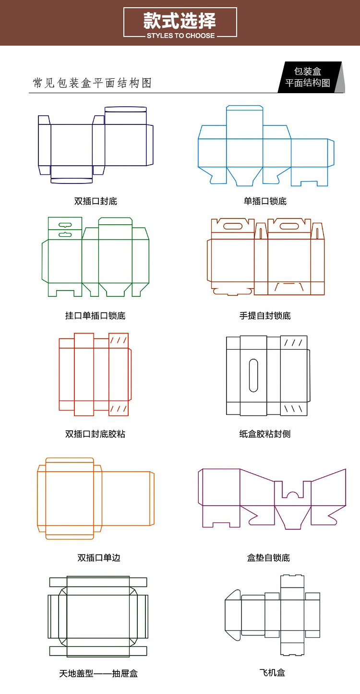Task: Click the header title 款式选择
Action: (x=180, y=21)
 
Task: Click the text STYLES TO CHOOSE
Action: (x=180, y=36)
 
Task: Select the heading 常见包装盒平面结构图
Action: (x=92, y=83)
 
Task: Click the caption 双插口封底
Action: (x=96, y=201)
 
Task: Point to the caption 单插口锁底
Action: (x=265, y=201)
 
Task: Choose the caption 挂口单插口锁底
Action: (x=96, y=316)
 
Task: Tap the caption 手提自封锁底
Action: (x=265, y=316)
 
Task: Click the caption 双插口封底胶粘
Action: (x=96, y=434)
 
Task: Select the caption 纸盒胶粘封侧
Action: (x=265, y=434)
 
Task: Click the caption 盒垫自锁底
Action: (x=268, y=558)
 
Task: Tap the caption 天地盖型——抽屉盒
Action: (x=98, y=673)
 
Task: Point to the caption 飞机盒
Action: (x=272, y=672)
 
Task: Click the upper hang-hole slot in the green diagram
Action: (x=65, y=224)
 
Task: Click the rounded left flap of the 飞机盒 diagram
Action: (x=233, y=615)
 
